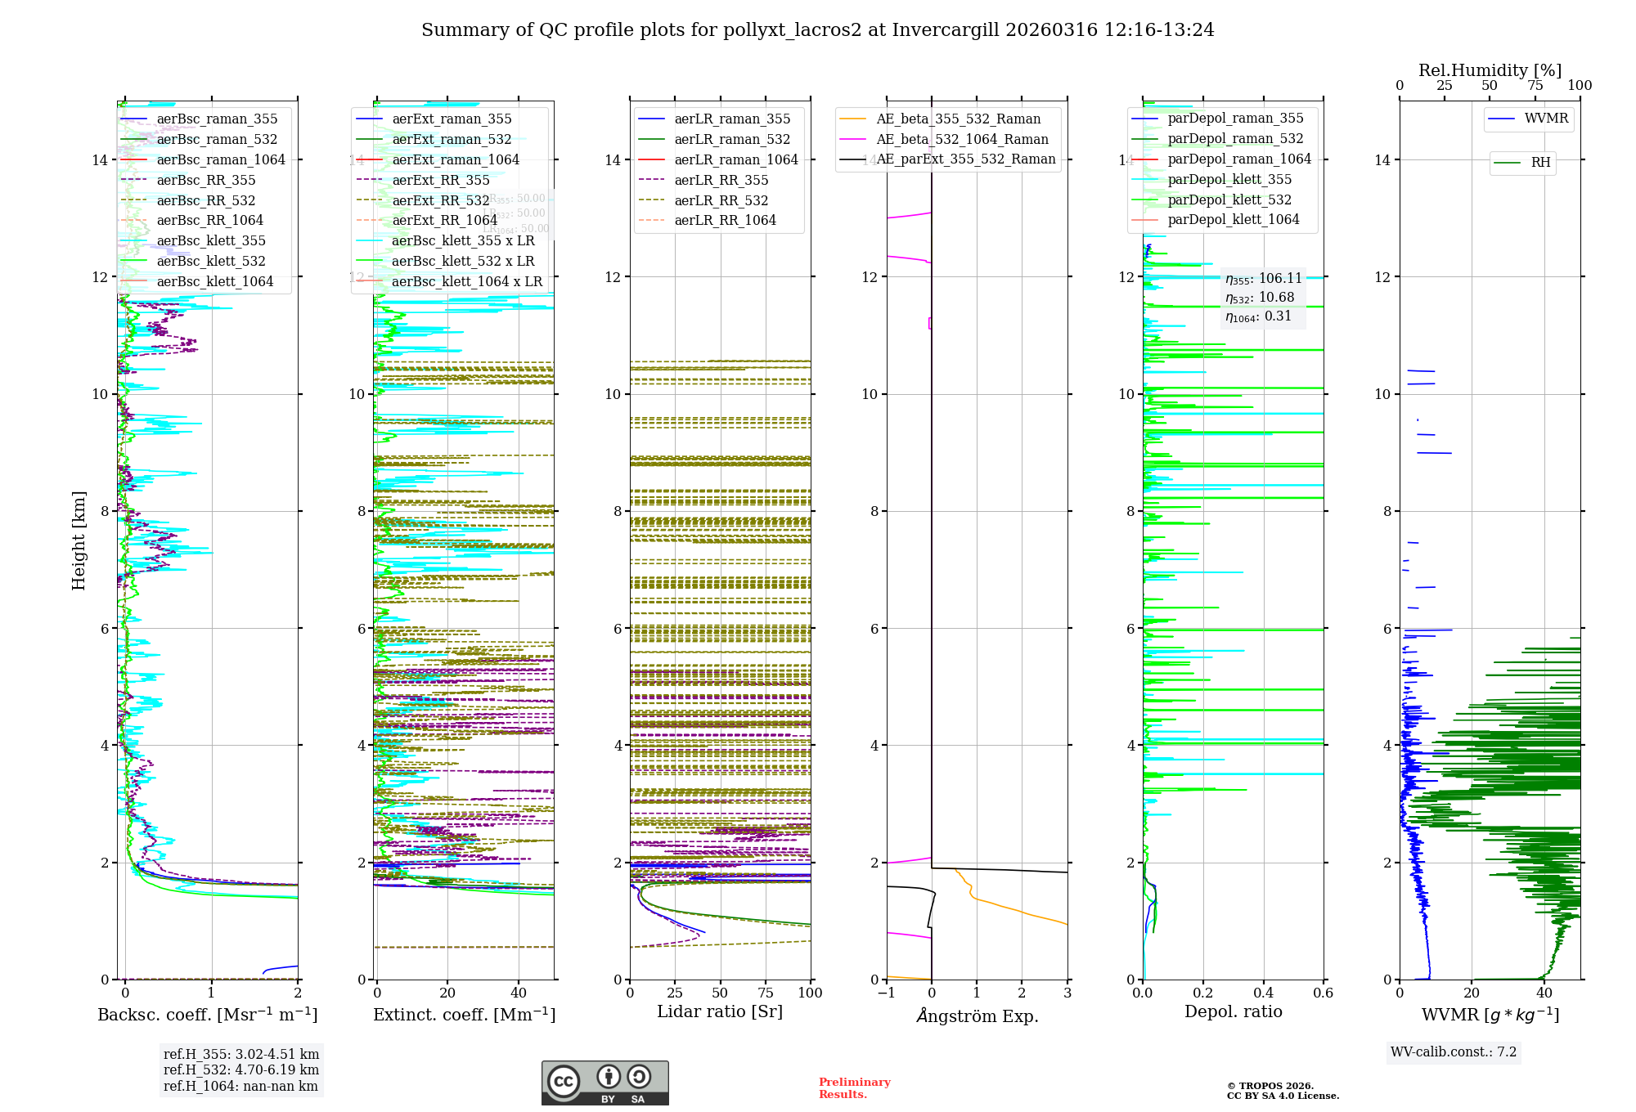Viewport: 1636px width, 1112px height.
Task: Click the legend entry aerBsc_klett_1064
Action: (215, 281)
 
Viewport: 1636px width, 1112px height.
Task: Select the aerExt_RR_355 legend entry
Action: (441, 180)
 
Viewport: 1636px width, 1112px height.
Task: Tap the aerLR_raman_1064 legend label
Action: (735, 159)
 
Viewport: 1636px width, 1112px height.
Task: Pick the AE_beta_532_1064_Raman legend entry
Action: (962, 139)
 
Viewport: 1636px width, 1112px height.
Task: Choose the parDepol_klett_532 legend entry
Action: (1229, 200)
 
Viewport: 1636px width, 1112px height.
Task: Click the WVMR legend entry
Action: (1546, 119)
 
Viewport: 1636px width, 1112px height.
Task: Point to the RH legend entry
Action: (1540, 163)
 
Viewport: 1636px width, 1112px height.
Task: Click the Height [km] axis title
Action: (79, 540)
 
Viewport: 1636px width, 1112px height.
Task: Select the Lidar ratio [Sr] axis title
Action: (720, 1011)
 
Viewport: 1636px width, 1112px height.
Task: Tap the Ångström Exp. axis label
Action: (977, 1016)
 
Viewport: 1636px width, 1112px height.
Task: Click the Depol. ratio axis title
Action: (1233, 1011)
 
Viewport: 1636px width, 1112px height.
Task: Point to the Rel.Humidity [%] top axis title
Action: (1490, 70)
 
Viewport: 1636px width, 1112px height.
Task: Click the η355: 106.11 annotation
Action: (1263, 279)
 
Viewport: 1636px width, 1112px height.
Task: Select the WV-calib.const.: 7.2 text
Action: (1453, 1052)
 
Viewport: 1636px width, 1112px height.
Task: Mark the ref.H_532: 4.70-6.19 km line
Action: (241, 1069)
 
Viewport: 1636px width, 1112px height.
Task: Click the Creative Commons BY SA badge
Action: (605, 1083)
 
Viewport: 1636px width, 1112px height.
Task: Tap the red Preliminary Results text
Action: (854, 1088)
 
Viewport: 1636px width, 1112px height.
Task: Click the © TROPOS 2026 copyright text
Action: (1270, 1086)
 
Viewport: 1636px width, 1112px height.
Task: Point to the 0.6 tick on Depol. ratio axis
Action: (1323, 993)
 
